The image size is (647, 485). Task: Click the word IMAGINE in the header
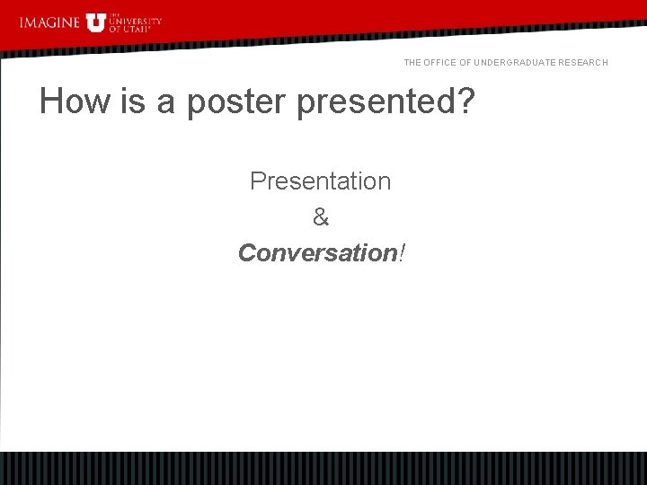click(49, 22)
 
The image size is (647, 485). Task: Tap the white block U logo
click(96, 22)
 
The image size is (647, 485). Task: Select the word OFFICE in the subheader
click(442, 63)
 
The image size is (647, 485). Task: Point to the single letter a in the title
click(166, 103)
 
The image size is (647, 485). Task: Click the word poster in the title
click(236, 103)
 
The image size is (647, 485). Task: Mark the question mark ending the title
click(465, 101)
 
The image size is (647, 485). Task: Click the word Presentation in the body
click(320, 181)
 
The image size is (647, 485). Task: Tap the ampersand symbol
click(321, 217)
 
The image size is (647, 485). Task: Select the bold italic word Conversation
click(317, 253)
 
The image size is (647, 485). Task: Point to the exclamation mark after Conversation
click(401, 253)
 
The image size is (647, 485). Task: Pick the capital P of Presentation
click(258, 181)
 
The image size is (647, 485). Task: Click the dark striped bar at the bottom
click(323, 468)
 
